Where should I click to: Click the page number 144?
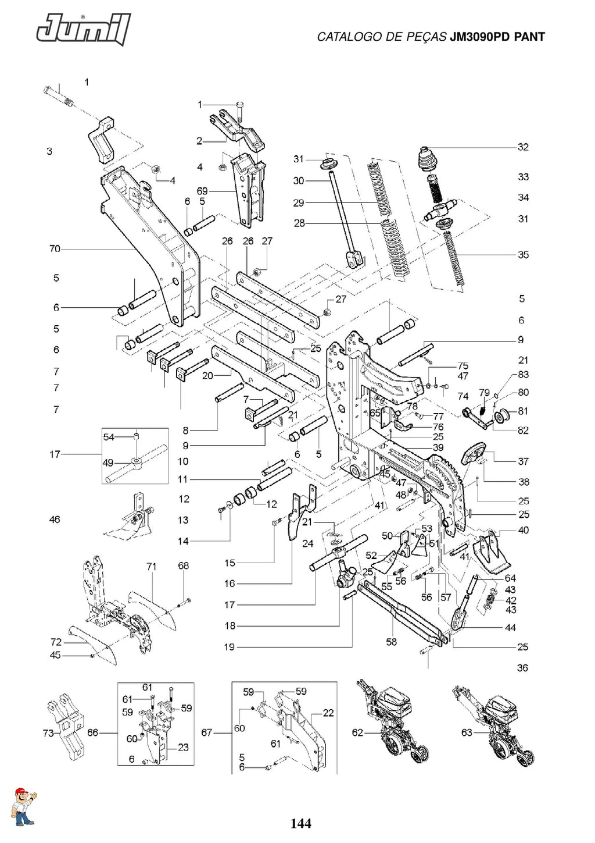click(300, 823)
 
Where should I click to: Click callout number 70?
click(55, 249)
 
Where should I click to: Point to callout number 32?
click(523, 147)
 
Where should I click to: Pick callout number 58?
click(391, 642)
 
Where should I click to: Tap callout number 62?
click(357, 732)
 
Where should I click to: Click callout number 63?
click(467, 732)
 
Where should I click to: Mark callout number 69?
click(202, 191)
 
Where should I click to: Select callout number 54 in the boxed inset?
click(109, 437)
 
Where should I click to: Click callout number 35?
click(523, 255)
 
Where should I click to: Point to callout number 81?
click(523, 411)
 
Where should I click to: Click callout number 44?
click(510, 627)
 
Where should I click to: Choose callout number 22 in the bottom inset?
click(328, 713)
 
